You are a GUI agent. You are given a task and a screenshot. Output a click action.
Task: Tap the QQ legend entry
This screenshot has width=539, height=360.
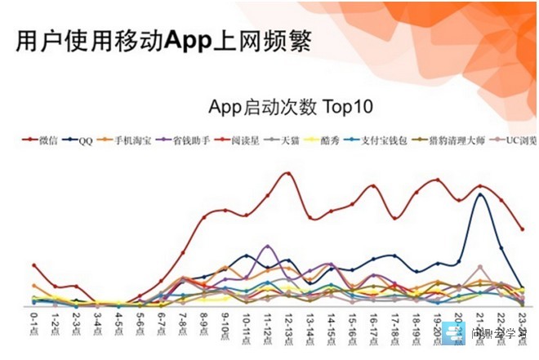click(x=85, y=141)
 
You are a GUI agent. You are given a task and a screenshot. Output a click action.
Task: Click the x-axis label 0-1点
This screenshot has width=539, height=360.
click(x=33, y=325)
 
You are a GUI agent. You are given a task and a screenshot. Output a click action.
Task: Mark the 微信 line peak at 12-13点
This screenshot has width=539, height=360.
click(x=287, y=173)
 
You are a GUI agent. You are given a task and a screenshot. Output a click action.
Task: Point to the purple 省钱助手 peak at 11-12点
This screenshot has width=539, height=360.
click(x=267, y=246)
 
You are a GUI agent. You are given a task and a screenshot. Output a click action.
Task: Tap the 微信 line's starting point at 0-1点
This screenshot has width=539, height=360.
click(x=34, y=265)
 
